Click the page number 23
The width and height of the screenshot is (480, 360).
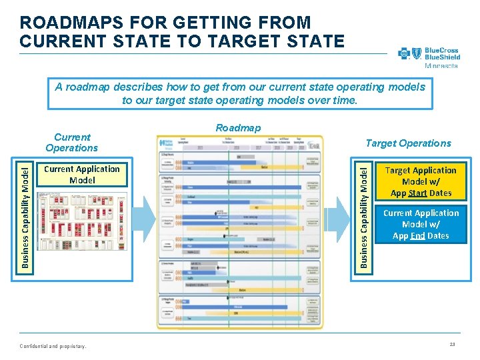pyautogui.click(x=452, y=345)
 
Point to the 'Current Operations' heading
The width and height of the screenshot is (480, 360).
pyautogui.click(x=71, y=143)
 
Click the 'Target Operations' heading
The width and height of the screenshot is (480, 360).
pyautogui.click(x=408, y=143)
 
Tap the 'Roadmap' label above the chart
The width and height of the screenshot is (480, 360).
pyautogui.click(x=238, y=128)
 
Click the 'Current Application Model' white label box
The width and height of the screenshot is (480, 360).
pyautogui.click(x=82, y=175)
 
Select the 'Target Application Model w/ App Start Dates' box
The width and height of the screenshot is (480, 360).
pyautogui.click(x=421, y=181)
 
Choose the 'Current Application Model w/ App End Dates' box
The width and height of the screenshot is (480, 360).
pyautogui.click(x=421, y=224)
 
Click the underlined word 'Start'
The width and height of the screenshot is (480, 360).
pyautogui.click(x=418, y=193)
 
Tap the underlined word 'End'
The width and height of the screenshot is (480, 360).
pyautogui.click(x=419, y=236)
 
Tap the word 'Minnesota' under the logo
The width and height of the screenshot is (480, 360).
pyautogui.click(x=441, y=65)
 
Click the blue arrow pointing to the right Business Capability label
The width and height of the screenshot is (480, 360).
pyautogui.click(x=341, y=215)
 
